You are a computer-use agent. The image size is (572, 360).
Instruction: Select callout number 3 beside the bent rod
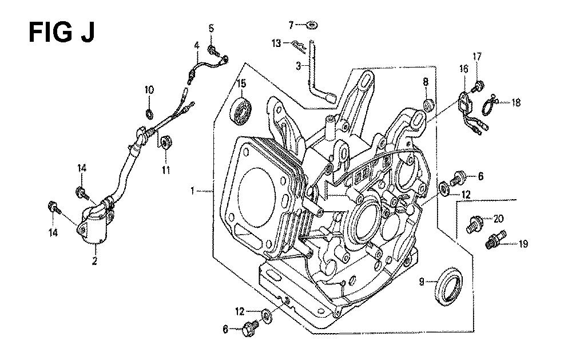pyautogui.click(x=297, y=66)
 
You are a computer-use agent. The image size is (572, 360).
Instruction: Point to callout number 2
pyautogui.click(x=94, y=262)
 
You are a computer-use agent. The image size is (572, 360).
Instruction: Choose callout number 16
pyautogui.click(x=463, y=70)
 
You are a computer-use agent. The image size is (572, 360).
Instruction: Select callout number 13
pyautogui.click(x=276, y=43)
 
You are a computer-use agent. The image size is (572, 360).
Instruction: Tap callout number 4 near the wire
pyautogui.click(x=196, y=45)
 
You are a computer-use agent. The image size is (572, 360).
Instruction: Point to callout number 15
pyautogui.click(x=241, y=84)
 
